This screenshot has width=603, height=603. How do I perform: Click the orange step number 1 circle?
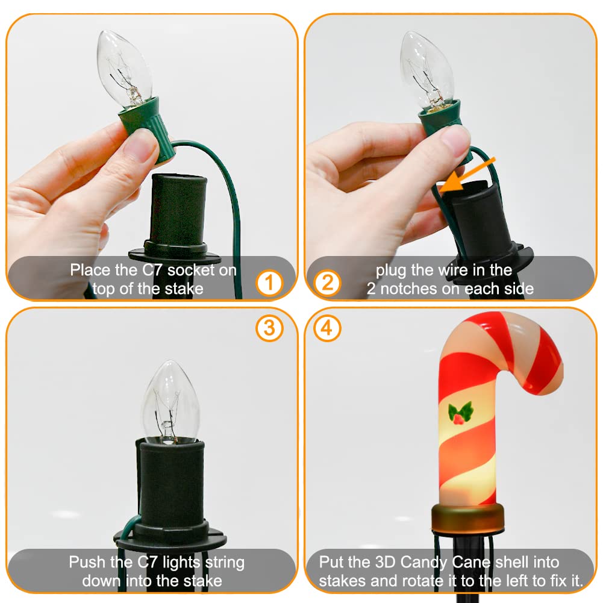[269, 283]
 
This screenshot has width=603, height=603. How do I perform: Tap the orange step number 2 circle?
[327, 283]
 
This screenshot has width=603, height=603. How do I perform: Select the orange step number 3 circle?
[269, 328]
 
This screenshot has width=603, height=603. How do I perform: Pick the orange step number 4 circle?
[327, 328]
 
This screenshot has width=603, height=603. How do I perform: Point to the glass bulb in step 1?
[124, 69]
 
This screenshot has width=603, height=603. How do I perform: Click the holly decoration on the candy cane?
[460, 413]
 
